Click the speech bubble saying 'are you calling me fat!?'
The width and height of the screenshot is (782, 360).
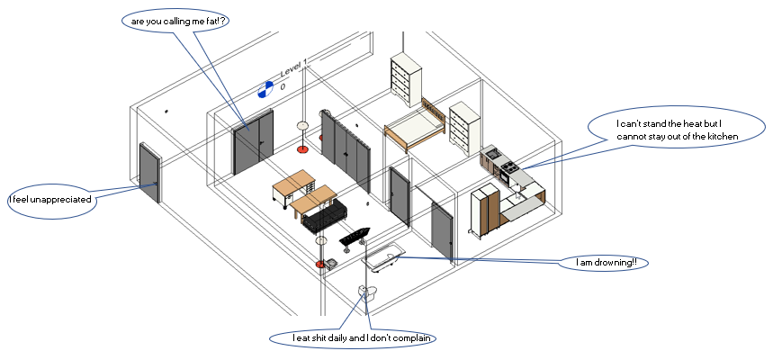pyautogui.click(x=174, y=20)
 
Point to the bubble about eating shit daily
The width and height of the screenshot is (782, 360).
pyautogui.click(x=351, y=338)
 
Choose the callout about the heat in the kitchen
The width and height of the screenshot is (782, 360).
pyautogui.click(x=677, y=130)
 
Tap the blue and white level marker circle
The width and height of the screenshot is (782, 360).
pyautogui.click(x=265, y=88)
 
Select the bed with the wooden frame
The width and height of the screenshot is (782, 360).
pyautogui.click(x=414, y=130)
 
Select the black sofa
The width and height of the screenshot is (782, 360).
pyautogui.click(x=323, y=216)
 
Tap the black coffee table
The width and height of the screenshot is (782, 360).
pyautogui.click(x=354, y=238)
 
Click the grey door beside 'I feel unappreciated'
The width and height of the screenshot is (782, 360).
pyautogui.click(x=149, y=173)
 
